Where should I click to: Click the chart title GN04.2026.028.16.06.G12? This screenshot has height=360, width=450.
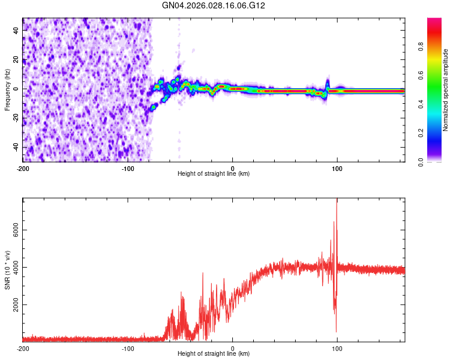[x=214, y=5]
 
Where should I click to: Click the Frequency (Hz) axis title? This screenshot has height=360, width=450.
[x=7, y=90]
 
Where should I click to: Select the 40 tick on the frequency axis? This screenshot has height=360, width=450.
[x=17, y=30]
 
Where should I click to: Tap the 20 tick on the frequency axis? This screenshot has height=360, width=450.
[x=17, y=59]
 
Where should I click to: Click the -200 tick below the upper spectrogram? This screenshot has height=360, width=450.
[x=23, y=167]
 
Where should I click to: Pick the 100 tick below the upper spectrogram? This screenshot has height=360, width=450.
[x=337, y=167]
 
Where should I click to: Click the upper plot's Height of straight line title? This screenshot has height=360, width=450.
[x=214, y=174]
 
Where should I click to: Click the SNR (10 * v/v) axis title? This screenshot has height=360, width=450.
[x=7, y=270]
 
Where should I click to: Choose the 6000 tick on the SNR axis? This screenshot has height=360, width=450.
[x=12, y=230]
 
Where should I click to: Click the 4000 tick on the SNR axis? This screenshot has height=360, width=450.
[x=12, y=268]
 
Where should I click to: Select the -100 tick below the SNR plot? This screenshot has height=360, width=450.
[x=128, y=348]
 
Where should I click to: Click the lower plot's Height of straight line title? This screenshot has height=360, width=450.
[x=214, y=354]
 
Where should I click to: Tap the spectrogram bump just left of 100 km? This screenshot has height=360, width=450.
[x=328, y=83]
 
